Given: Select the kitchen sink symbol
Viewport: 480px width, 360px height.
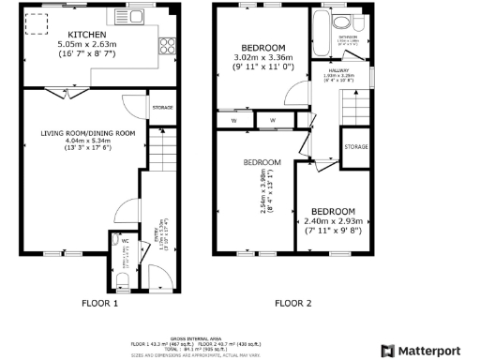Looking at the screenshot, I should tap(134, 17).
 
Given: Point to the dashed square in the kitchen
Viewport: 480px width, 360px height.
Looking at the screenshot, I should tap(37, 22).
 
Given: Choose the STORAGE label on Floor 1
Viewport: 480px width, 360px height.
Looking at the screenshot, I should tap(162, 108).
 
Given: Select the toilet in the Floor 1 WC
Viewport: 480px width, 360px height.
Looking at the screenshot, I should tap(124, 280).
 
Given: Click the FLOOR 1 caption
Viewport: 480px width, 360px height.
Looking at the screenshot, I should tap(98, 304).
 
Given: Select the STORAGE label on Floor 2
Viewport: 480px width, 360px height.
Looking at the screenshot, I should tap(355, 147).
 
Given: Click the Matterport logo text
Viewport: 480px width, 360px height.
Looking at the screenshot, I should tap(434, 350).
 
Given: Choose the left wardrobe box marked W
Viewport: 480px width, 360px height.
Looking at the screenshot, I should tap(232, 120).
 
